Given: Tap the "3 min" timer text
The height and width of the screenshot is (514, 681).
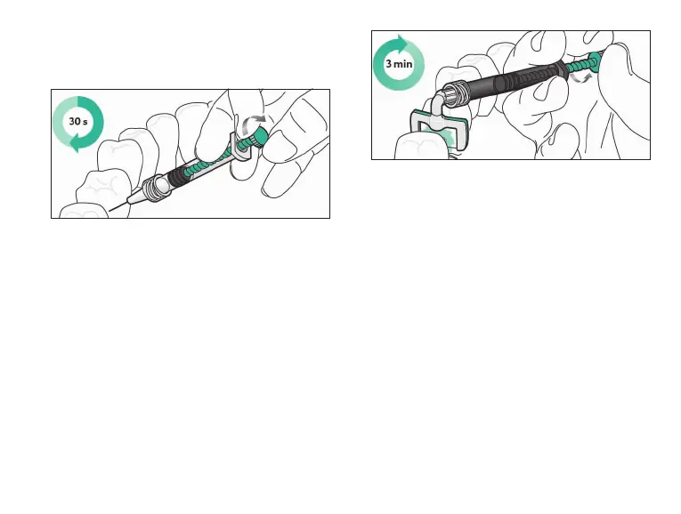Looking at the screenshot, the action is click(398, 65).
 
